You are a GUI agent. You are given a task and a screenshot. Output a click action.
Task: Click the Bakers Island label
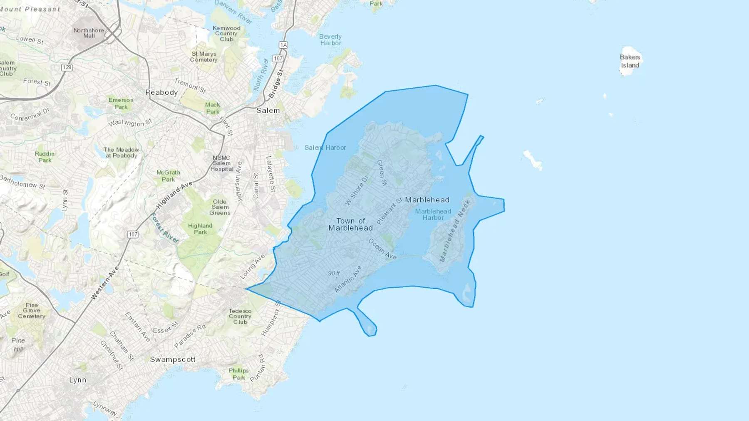point(630,61)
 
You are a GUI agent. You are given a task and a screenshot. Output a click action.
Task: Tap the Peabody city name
point(161,92)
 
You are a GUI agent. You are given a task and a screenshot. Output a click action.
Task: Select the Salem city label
point(268,111)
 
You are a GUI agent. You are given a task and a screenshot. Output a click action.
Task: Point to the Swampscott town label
point(173,359)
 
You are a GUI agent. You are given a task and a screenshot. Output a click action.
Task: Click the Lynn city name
point(78,380)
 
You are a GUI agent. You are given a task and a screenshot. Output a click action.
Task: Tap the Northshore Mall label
point(89,33)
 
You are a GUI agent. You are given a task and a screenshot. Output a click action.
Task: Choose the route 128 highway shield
point(67,67)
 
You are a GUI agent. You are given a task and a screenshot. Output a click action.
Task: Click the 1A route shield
point(283,45)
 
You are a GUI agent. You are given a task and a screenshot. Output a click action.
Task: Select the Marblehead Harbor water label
point(433,214)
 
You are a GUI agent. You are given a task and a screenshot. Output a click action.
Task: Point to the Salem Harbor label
point(325,148)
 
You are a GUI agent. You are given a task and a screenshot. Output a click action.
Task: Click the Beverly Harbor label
point(330,40)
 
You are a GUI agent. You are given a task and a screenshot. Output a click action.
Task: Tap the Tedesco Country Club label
point(240,316)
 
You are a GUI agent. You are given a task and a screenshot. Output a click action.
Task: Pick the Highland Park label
point(200,229)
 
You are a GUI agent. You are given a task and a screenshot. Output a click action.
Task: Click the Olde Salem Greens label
point(220,207)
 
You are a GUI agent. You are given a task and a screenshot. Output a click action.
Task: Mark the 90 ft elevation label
point(334,273)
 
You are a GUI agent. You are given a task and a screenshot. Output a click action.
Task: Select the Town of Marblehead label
point(350,224)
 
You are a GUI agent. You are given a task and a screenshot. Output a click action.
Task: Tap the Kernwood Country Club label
point(226,34)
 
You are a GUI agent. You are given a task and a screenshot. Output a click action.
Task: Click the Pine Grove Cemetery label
point(32,310)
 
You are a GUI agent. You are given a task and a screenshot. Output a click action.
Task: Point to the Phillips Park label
point(238,374)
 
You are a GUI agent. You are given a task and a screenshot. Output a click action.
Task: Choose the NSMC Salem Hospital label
point(221,163)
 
